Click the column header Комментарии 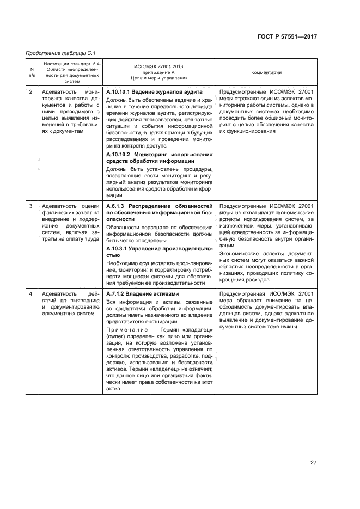(266, 72)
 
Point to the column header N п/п (31, 72)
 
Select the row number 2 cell (31, 92)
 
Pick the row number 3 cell (31, 206)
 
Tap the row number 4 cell (31, 294)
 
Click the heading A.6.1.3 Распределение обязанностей (158, 206)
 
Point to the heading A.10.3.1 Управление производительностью (158, 251)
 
